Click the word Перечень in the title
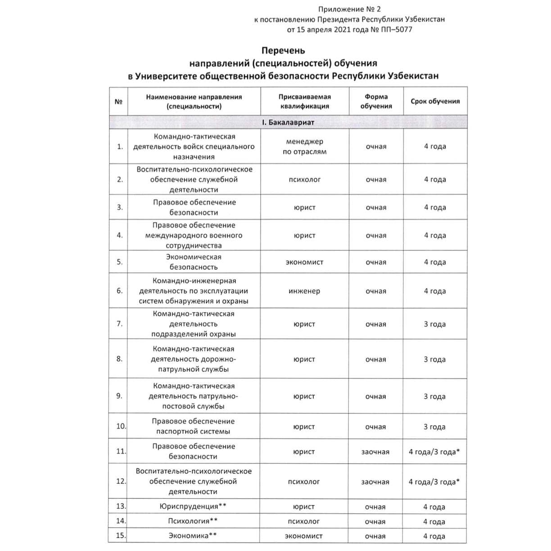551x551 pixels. click(x=283, y=50)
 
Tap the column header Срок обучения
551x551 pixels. click(x=435, y=101)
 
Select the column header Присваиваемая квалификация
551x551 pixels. click(x=305, y=101)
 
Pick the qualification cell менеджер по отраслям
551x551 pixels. click(x=305, y=147)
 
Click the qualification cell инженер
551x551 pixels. click(x=305, y=291)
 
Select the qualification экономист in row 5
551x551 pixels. click(x=305, y=262)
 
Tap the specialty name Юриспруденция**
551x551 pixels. click(x=193, y=506)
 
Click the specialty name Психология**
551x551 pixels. click(x=193, y=521)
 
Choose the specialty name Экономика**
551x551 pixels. click(x=193, y=536)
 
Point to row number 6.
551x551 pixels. click(x=119, y=291)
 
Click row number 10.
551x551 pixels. click(x=121, y=426)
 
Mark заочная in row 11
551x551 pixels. click(x=375, y=452)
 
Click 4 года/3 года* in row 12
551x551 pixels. click(x=434, y=482)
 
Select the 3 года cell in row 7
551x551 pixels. click(x=434, y=324)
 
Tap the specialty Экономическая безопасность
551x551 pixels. click(x=194, y=262)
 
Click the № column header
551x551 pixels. click(x=118, y=102)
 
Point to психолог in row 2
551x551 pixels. click(x=305, y=180)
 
